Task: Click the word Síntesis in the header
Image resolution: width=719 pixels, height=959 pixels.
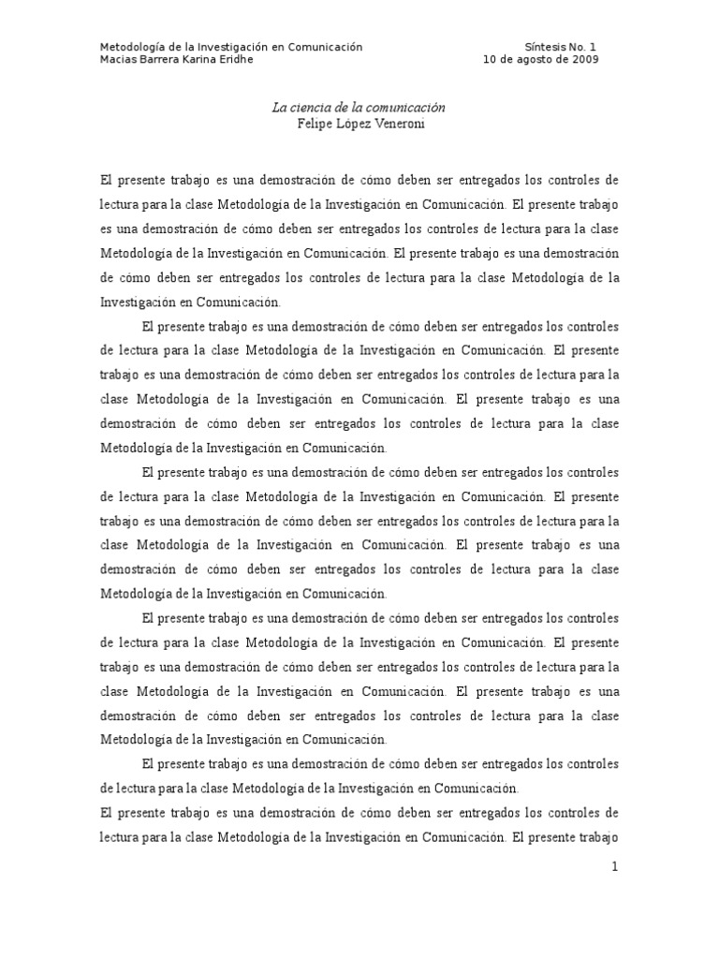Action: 546,46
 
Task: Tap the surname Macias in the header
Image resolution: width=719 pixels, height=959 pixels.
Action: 119,59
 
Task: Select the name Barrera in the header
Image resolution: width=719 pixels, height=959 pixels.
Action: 164,59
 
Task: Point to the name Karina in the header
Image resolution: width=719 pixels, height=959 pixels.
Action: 209,59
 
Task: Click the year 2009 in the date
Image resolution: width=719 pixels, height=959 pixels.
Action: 584,59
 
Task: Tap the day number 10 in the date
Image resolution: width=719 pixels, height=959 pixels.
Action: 490,59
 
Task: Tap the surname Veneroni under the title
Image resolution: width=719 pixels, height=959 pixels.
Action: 399,124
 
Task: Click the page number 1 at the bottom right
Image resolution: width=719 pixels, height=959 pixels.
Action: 614,867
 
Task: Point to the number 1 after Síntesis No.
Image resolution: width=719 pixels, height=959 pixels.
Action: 594,46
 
